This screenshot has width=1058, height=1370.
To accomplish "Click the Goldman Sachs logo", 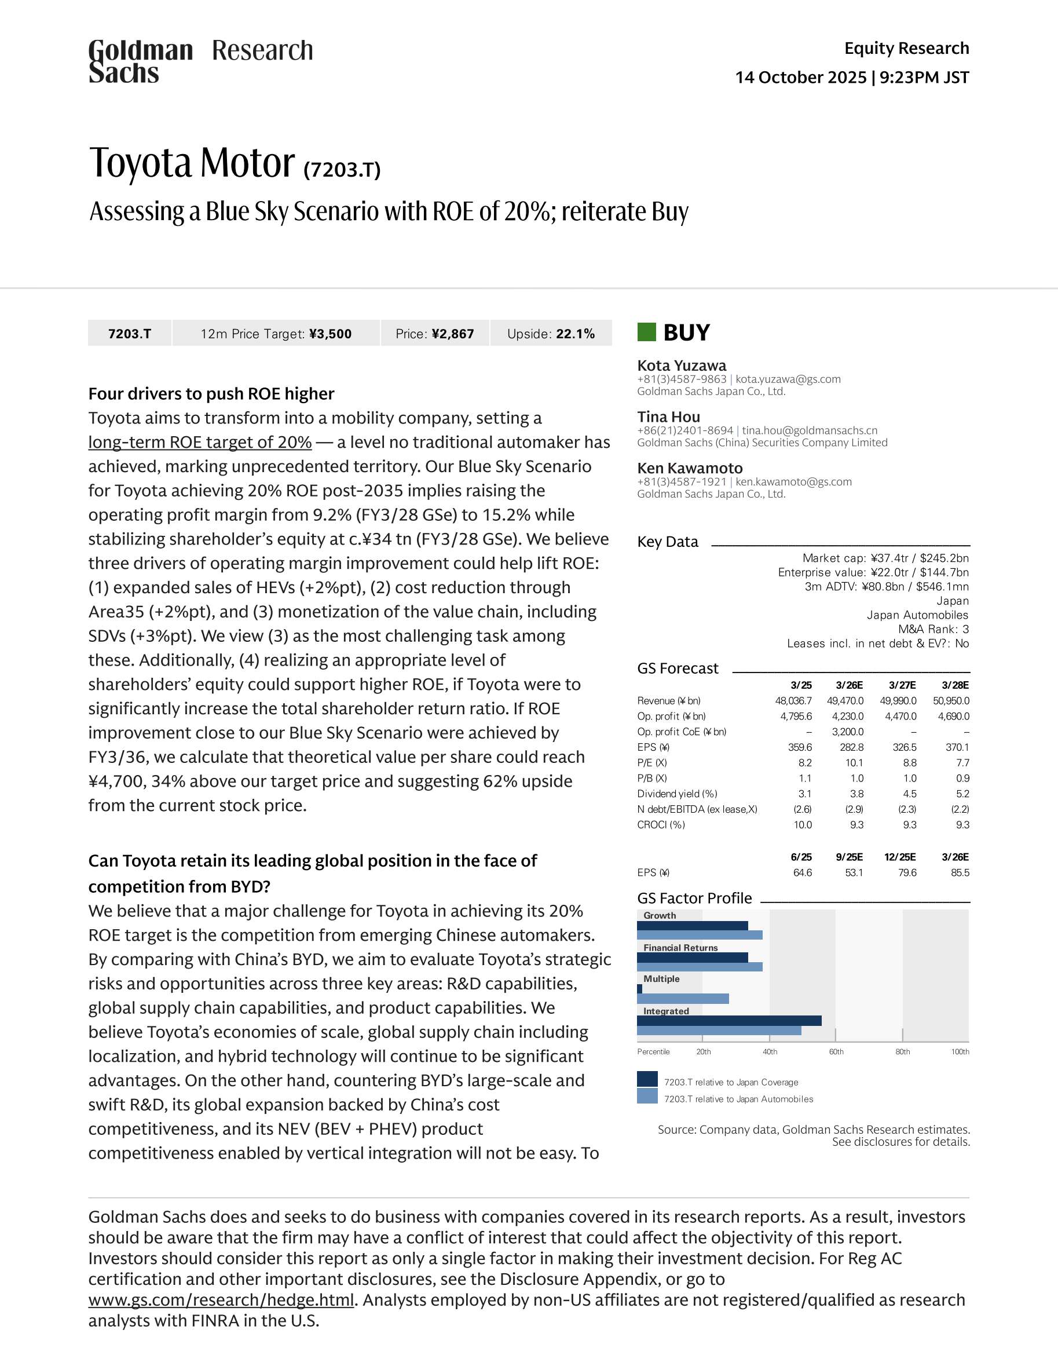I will [141, 61].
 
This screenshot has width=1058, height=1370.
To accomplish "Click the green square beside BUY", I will [646, 332].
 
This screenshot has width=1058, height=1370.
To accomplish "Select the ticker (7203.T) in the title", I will [342, 169].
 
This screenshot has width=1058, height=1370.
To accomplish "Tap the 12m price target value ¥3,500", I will [330, 334].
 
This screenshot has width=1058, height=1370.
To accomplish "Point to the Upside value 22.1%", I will [575, 334].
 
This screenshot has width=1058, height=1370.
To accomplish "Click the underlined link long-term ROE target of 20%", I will [199, 442].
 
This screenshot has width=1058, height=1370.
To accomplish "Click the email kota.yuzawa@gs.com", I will [788, 379].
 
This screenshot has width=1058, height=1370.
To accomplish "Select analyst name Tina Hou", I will [668, 417].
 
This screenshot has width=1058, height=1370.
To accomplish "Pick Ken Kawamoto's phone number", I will [681, 482].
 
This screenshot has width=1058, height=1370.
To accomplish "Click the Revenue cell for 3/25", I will [793, 701].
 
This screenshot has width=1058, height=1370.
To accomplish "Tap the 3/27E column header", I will [902, 685].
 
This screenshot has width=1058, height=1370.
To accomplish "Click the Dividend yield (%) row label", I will [677, 794].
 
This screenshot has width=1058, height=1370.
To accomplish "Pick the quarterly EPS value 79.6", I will [907, 872].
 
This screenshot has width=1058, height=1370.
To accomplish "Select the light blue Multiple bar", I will [683, 999].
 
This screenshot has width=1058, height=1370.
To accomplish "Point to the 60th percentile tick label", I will [836, 1051].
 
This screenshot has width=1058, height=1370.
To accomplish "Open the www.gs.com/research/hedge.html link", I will [221, 1300].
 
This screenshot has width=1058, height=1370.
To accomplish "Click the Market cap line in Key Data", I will [885, 558].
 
